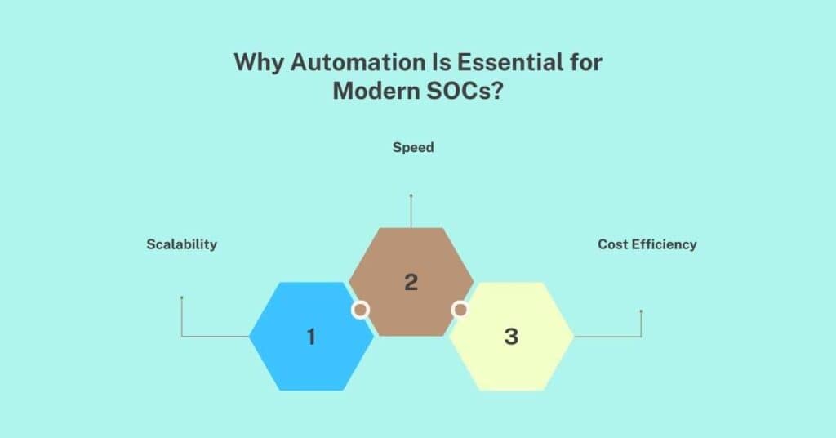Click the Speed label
[x=412, y=148]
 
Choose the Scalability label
[x=182, y=244]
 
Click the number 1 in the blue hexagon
[x=311, y=336]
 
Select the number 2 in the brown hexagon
[x=411, y=282]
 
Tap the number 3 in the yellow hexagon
[x=511, y=336]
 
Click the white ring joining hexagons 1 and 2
[x=361, y=310]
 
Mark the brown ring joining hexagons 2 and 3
[x=460, y=310]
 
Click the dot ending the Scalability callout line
[x=181, y=297]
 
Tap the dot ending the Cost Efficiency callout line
[x=641, y=311]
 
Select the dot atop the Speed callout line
[x=411, y=196]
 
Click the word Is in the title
[x=433, y=63]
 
